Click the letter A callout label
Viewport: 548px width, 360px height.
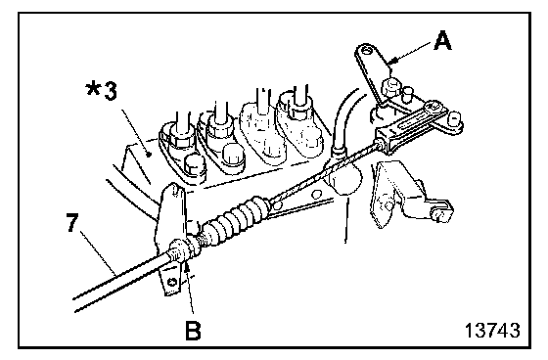point(442,41)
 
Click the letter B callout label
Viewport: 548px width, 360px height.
point(193,331)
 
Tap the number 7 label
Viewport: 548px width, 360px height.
point(72,222)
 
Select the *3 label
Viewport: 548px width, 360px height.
point(102,91)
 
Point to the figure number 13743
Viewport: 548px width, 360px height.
point(492,331)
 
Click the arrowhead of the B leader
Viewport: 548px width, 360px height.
point(188,268)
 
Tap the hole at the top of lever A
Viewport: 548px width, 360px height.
point(366,50)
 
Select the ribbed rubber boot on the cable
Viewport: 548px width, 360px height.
point(238,217)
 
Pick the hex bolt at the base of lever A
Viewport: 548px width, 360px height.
point(390,88)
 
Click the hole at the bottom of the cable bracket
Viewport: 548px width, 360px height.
point(171,282)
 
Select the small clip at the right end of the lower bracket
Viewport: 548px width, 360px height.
point(441,212)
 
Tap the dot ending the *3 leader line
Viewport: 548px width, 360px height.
point(149,153)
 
